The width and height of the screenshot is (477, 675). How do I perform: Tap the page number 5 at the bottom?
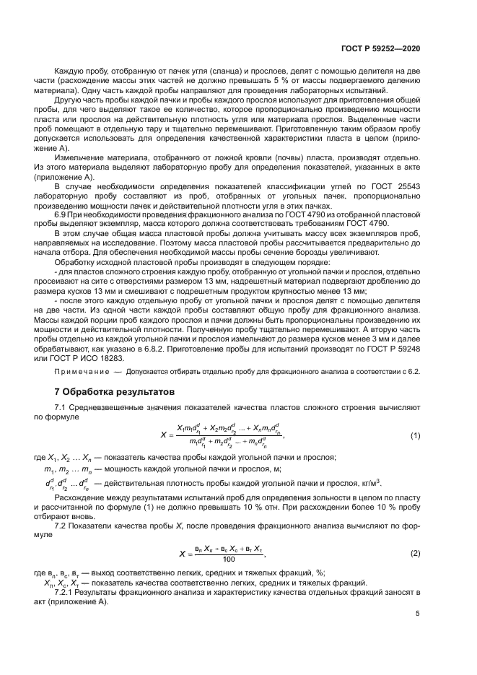coord(418,614)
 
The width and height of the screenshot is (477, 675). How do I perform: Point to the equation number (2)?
coord(415,554)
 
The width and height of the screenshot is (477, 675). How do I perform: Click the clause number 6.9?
coord(61,214)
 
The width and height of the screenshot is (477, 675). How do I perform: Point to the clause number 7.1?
coord(61,406)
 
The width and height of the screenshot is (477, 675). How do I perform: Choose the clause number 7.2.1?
coord(66,591)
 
